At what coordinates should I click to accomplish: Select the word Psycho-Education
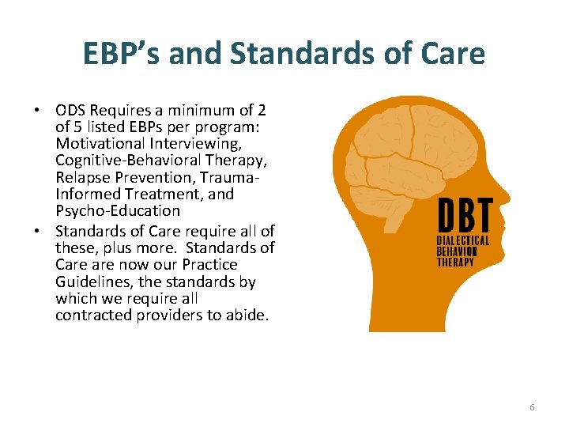click(x=118, y=211)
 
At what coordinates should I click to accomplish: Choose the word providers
click(x=162, y=316)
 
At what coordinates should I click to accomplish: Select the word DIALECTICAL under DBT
click(x=463, y=240)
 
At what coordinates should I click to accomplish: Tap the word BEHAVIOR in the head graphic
click(x=460, y=251)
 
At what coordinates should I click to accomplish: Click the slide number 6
click(x=532, y=407)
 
